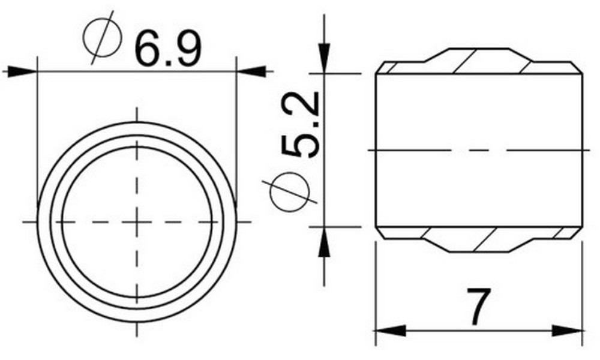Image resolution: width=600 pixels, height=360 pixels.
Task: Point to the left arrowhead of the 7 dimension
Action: click(x=390, y=331)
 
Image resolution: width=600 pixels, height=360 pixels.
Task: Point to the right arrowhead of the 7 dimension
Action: click(x=568, y=331)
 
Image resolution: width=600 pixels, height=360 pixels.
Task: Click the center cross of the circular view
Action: click(x=137, y=222)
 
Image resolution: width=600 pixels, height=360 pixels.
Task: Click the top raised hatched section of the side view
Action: click(x=478, y=61)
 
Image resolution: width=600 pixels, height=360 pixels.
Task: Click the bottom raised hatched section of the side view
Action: click(x=478, y=240)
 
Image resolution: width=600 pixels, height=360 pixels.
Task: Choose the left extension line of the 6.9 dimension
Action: click(x=37, y=120)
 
